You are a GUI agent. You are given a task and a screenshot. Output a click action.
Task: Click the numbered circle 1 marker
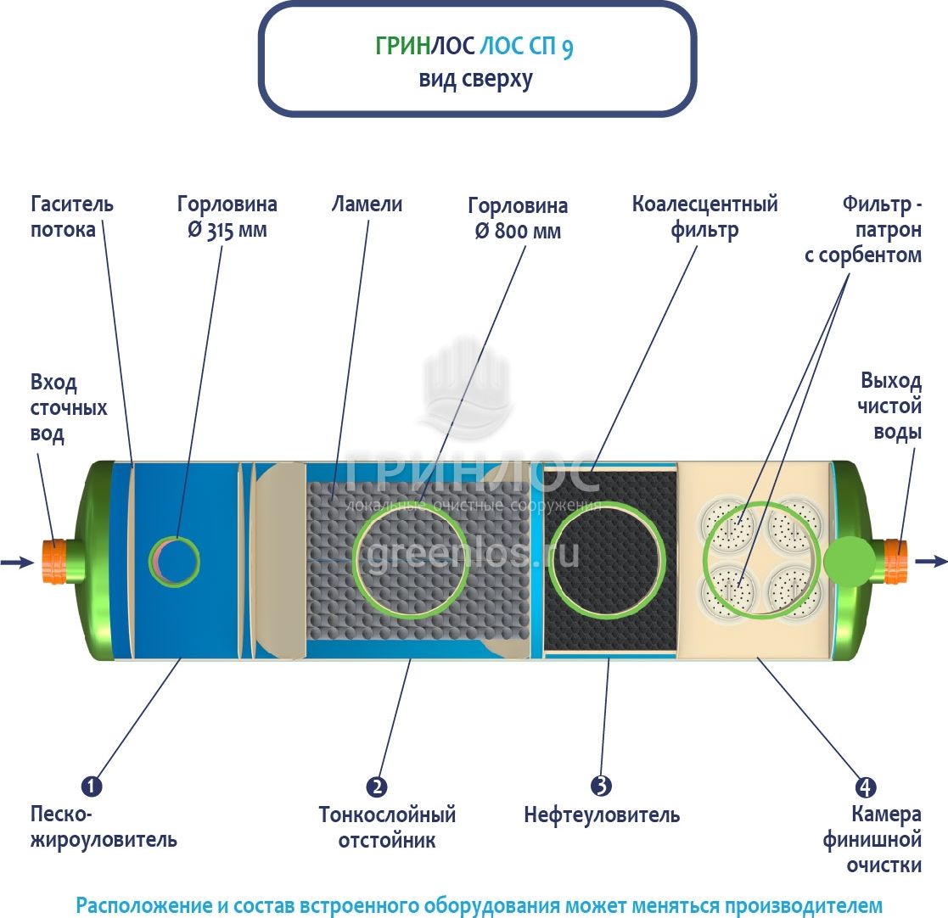tap(91, 786)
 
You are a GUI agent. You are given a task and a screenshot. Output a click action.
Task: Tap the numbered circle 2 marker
tap(377, 786)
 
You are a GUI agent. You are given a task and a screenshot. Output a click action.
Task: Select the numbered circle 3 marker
tap(602, 786)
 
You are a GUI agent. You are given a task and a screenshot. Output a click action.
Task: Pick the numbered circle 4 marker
tap(866, 786)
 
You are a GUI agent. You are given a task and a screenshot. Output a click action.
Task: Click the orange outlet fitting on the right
tap(896, 560)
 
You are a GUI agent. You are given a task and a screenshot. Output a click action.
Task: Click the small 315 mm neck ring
tap(175, 560)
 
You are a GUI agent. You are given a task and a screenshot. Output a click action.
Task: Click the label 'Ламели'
tap(367, 204)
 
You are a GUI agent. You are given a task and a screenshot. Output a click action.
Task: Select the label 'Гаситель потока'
tap(71, 217)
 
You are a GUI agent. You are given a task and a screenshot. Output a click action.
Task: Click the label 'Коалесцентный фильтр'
tap(704, 217)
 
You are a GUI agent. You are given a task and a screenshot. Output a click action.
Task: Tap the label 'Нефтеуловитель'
tap(602, 816)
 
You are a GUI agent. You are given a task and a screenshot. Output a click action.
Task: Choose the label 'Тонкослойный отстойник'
tap(387, 828)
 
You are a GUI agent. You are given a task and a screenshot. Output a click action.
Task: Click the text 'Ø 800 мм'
tap(518, 232)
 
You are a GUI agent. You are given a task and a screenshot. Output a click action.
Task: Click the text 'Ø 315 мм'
tap(227, 231)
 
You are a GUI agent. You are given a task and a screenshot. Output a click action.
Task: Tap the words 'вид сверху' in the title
tap(475, 79)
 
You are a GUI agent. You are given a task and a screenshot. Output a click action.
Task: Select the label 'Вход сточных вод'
tap(69, 408)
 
